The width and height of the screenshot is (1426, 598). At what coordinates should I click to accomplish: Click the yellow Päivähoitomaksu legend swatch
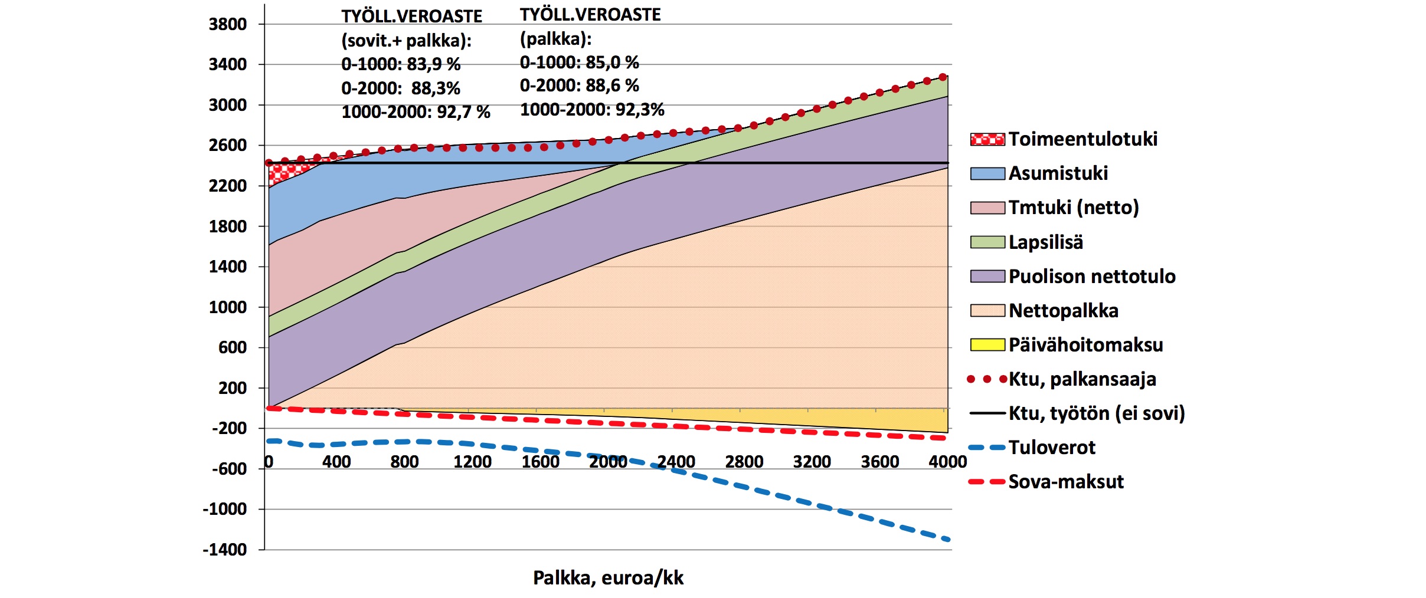[987, 345]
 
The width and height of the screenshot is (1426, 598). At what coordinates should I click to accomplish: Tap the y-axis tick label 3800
[227, 25]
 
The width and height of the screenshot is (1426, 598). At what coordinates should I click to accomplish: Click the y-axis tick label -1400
[225, 550]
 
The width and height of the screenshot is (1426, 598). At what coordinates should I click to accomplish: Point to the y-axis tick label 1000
[227, 307]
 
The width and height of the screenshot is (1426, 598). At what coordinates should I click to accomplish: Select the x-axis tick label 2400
[676, 462]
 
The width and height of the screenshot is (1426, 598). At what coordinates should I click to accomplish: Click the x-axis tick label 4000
[947, 462]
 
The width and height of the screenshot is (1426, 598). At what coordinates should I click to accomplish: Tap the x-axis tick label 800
[404, 462]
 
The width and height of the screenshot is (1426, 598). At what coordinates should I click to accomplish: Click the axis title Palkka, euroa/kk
[608, 578]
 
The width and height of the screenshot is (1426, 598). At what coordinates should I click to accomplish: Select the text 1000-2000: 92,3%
[592, 110]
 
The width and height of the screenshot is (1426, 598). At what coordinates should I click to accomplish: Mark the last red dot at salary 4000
[943, 77]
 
